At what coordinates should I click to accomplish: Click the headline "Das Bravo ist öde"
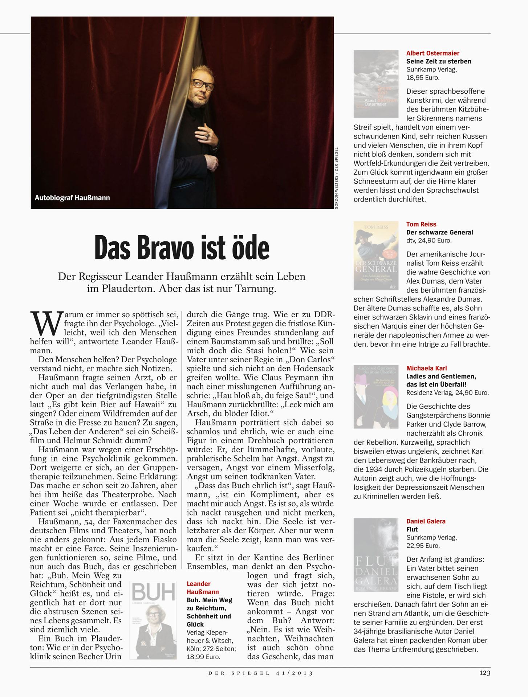[182, 248]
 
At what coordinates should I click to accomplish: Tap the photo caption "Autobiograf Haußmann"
[72, 198]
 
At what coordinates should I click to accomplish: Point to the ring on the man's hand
[207, 136]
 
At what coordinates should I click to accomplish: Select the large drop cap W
[46, 323]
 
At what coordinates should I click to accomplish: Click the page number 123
[484, 673]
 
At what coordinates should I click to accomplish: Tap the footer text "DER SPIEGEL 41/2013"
[260, 673]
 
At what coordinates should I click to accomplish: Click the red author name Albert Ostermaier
[432, 53]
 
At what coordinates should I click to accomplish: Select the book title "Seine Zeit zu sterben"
[439, 61]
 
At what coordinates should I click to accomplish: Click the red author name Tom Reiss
[421, 224]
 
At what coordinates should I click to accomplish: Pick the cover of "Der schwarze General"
[376, 256]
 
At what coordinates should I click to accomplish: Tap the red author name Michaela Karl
[426, 368]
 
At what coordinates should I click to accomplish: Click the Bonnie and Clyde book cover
[376, 397]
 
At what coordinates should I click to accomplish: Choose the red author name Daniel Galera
[426, 521]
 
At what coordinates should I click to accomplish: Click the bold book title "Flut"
[412, 529]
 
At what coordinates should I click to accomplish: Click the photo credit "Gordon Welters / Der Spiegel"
[337, 178]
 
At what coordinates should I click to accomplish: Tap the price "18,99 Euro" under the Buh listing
[203, 657]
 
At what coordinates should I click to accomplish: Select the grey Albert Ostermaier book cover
[376, 84]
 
